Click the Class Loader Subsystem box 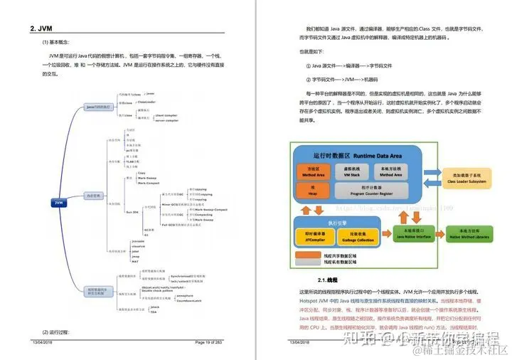[466, 178]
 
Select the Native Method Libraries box [468, 233]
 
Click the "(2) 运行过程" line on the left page [55, 332]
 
